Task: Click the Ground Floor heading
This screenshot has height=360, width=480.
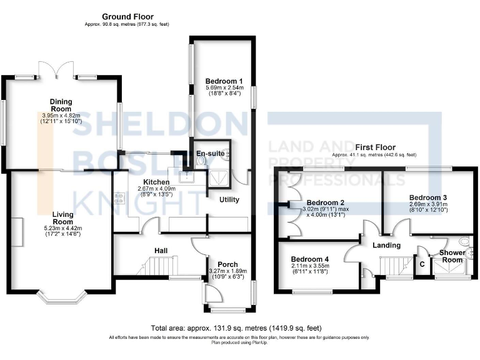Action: coord(127,17)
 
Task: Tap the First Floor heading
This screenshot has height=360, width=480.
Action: coord(374,147)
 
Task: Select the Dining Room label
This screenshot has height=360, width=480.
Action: coord(61,102)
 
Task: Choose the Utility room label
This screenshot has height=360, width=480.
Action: coord(229,199)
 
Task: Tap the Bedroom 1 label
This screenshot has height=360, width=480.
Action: coord(224,81)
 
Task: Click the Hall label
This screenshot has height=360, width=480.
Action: coord(160,251)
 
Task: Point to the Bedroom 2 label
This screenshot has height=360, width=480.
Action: coord(326,202)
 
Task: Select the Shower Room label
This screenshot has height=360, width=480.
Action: coord(452,256)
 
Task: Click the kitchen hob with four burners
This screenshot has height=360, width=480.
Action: coord(119,200)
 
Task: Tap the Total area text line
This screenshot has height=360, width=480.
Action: coord(236,327)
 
